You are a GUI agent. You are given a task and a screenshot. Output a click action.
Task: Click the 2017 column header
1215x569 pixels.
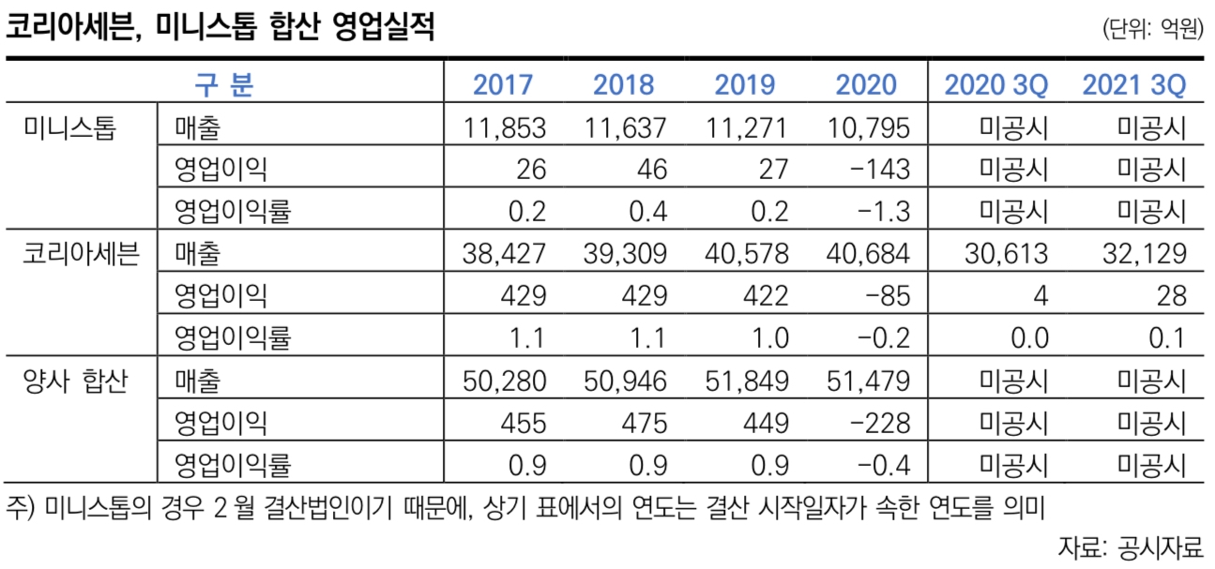503,85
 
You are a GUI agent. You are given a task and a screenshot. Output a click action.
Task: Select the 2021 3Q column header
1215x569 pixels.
1133,85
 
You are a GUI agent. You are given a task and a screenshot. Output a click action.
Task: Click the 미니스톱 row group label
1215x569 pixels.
69,127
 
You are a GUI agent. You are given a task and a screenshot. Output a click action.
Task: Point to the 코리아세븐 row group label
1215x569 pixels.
80,255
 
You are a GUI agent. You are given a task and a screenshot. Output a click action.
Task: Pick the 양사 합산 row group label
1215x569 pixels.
75,382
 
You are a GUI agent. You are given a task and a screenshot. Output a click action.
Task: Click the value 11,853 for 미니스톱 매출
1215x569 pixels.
505,127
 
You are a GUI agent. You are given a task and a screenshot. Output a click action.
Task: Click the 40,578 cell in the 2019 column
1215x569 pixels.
747,255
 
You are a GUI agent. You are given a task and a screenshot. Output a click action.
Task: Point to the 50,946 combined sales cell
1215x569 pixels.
626,382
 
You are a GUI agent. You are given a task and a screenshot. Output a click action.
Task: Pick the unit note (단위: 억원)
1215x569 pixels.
1153,29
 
